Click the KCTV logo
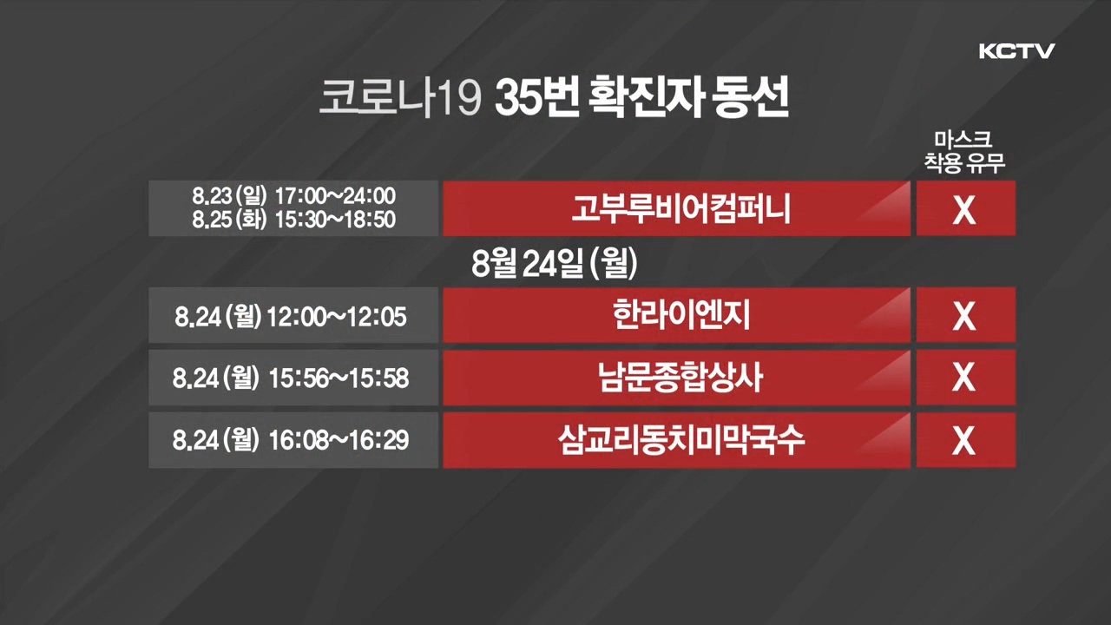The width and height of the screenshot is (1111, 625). [x=1016, y=51]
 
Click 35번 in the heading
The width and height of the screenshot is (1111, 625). [x=537, y=96]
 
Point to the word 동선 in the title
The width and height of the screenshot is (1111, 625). [x=750, y=96]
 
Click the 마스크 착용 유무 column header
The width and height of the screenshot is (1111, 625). [x=964, y=152]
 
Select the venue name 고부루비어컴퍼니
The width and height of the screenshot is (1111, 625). [x=681, y=209]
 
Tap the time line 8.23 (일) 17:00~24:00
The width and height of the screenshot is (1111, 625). [x=293, y=196]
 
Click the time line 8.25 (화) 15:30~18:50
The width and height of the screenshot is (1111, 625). [x=293, y=220]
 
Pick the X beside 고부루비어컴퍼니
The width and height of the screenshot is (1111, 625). [x=964, y=210]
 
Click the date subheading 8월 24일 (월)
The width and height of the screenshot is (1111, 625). [x=554, y=263]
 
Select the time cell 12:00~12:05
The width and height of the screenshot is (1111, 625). [x=337, y=317]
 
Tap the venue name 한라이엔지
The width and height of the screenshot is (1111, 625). [x=681, y=314]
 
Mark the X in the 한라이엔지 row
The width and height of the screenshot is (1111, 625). [x=964, y=316]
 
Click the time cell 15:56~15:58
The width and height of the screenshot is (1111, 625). [x=339, y=378]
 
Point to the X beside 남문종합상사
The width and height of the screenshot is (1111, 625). [x=964, y=378]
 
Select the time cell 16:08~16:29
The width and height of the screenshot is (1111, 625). [x=339, y=440]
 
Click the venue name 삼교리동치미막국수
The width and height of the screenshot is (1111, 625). [x=680, y=439]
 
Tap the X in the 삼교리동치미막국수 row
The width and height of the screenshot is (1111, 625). [x=964, y=440]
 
